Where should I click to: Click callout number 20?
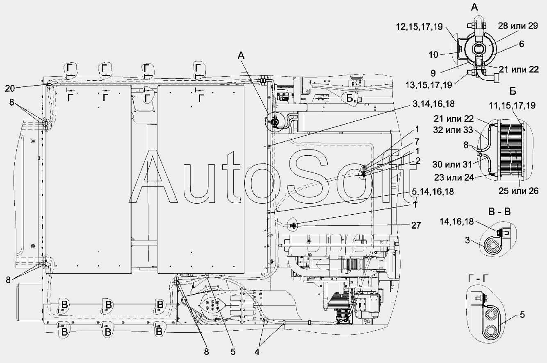click(10, 88)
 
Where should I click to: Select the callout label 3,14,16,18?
click(433, 104)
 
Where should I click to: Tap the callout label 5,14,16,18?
click(433, 192)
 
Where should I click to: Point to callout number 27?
click(416, 225)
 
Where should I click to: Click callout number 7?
click(417, 141)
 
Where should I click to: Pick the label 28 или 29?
click(518, 26)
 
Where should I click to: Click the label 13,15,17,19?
click(429, 85)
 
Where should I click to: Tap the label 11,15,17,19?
click(512, 105)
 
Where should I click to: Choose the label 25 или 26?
click(518, 191)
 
